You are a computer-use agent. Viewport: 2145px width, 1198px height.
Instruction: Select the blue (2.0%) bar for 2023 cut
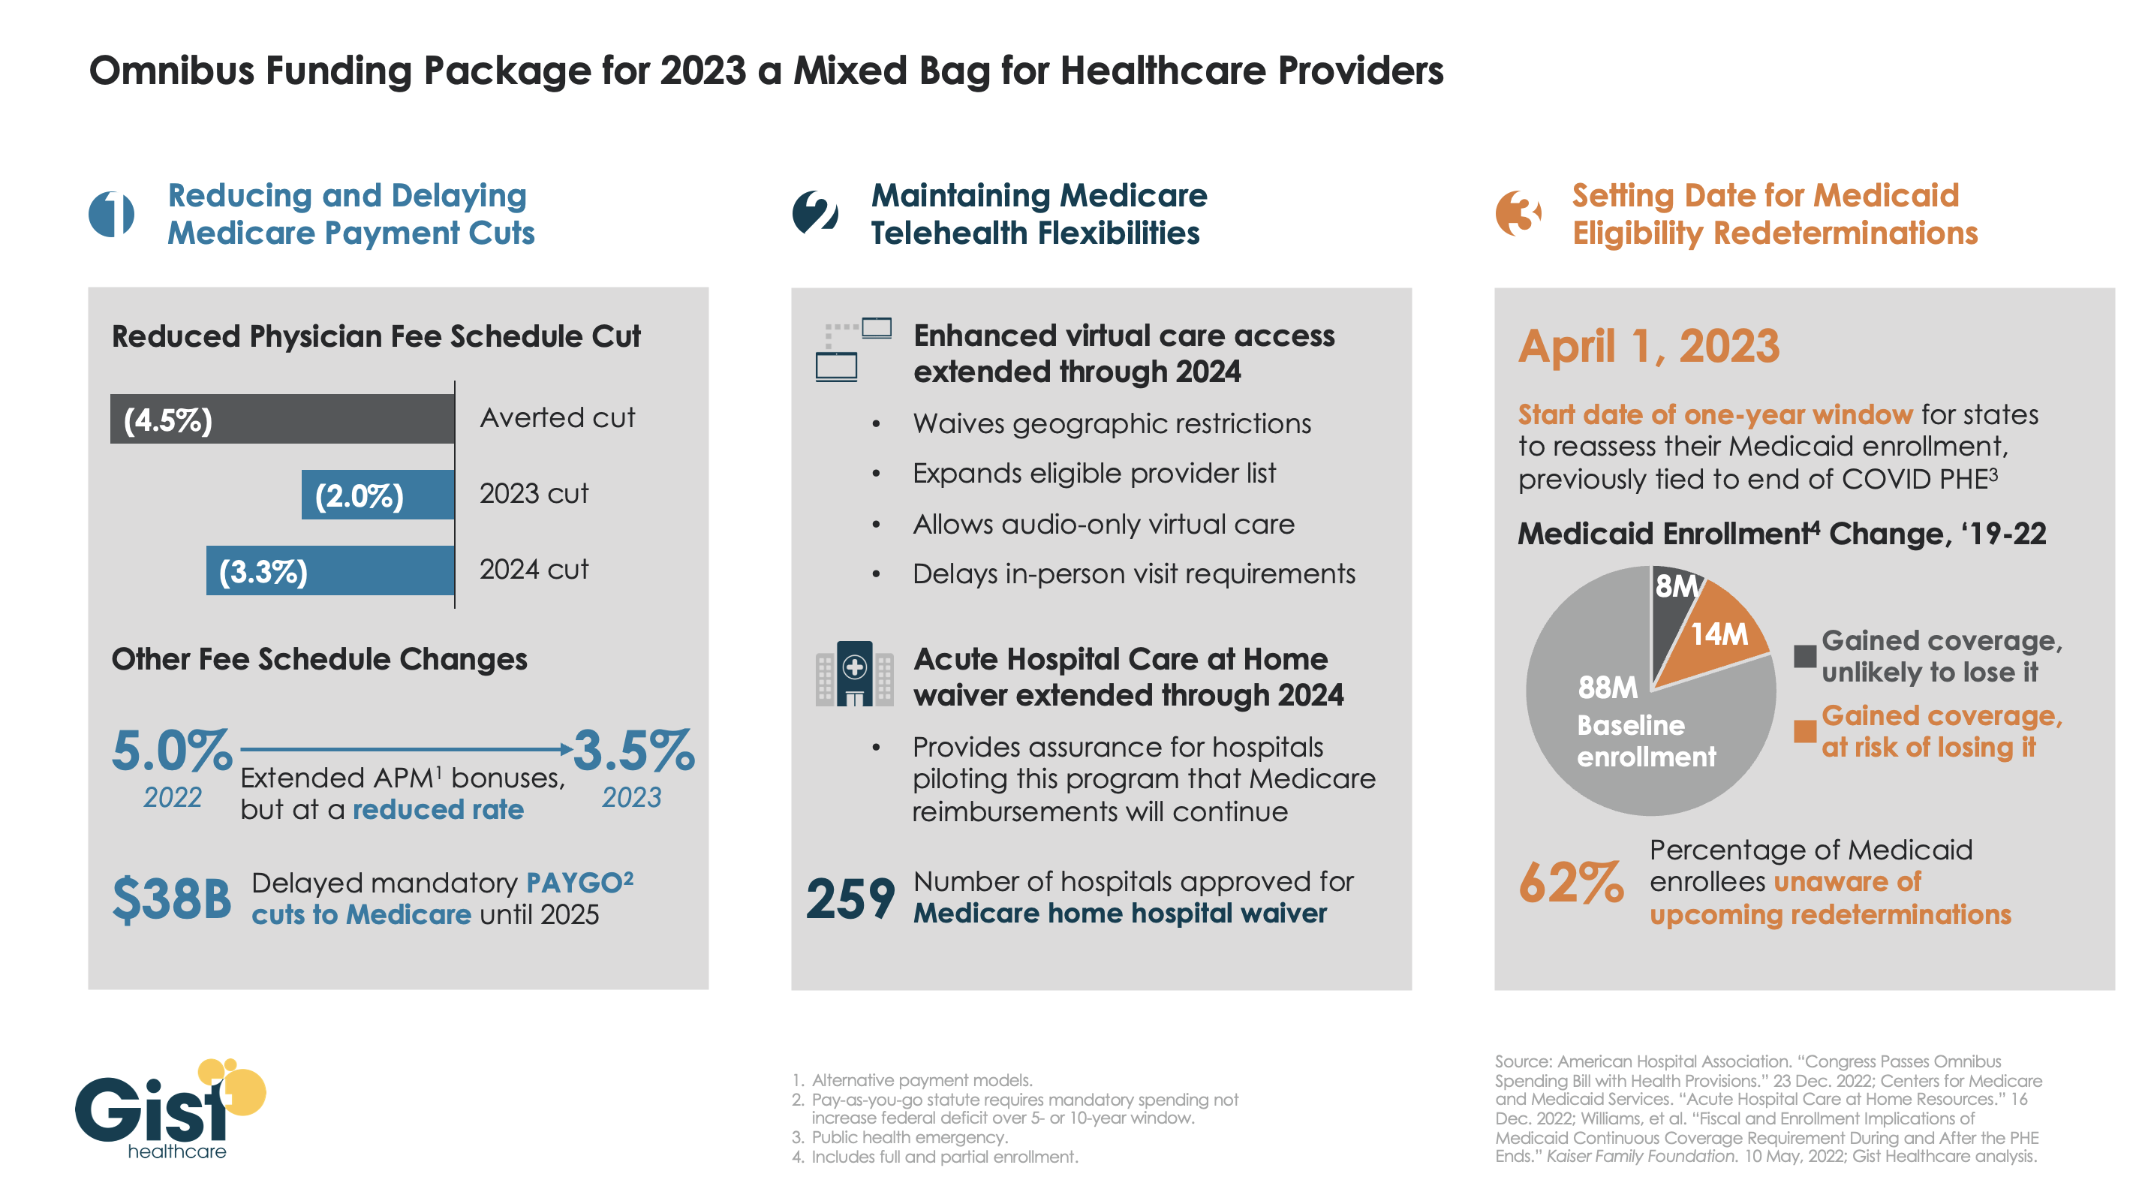378,495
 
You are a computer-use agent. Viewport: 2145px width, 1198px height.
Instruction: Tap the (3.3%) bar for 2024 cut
329,570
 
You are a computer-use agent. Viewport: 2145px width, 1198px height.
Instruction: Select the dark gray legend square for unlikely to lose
1804,656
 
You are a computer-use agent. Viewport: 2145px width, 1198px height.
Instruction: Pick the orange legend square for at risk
1804,731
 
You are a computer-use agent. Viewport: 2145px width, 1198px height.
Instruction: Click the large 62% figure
1570,883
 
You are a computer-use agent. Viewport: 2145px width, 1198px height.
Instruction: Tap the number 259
850,899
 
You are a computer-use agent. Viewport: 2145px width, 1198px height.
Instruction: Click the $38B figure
172,899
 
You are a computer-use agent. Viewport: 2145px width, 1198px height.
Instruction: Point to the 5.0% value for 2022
172,750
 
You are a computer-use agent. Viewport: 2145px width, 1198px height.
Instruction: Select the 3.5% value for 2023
633,750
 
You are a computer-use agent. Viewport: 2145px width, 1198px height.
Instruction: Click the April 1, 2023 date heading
1648,345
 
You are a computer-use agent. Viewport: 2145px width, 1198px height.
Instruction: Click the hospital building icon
854,673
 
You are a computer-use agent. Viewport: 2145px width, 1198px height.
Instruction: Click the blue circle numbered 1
112,214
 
